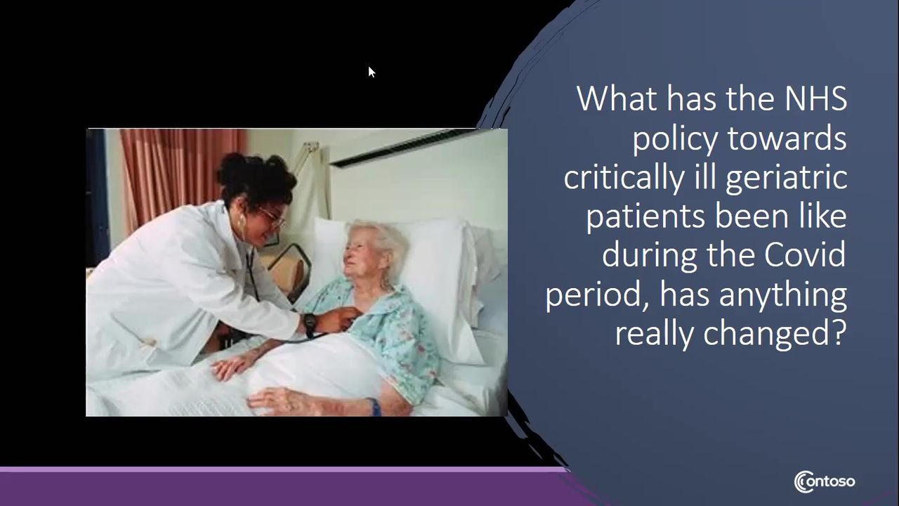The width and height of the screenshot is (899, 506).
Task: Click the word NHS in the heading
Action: [x=815, y=98]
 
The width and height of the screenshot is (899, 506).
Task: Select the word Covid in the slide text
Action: [x=805, y=255]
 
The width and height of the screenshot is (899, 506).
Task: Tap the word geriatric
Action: [x=787, y=178]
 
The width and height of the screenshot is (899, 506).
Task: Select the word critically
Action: [x=624, y=178]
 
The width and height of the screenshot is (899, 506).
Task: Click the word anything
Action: [x=782, y=295]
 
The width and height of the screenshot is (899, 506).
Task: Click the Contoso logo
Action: [x=825, y=481]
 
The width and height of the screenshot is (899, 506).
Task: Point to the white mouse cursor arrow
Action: [x=372, y=72]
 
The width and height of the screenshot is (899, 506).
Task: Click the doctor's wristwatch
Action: [x=310, y=324]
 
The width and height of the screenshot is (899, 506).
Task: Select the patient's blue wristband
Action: [x=375, y=406]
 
